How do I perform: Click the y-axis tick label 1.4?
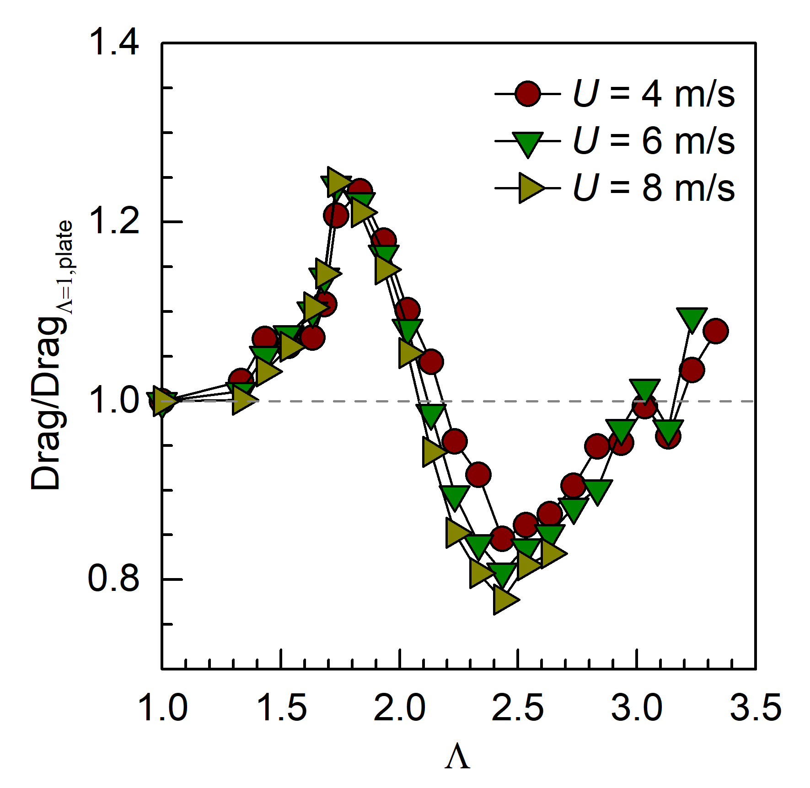click(113, 42)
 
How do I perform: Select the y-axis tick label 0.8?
click(113, 579)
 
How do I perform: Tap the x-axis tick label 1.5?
click(281, 708)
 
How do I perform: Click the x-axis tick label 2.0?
click(399, 708)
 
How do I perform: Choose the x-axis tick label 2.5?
click(518, 708)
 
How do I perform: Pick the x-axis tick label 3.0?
click(636, 708)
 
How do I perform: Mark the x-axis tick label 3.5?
click(755, 708)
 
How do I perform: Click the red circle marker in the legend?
click(527, 94)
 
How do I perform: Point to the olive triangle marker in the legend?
click(530, 188)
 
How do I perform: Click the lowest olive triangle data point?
click(504, 600)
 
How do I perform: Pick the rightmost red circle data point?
click(716, 331)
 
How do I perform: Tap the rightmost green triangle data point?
click(692, 318)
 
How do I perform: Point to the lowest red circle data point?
click(502, 538)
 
